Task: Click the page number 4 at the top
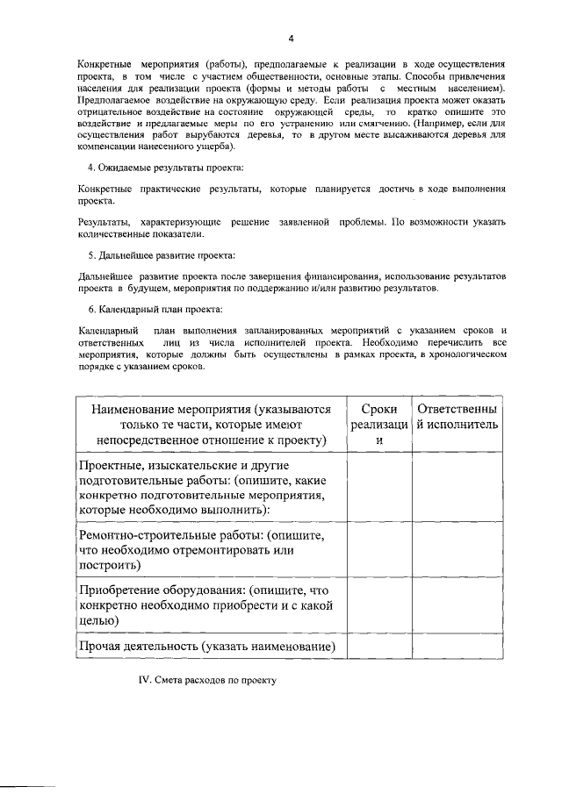pyautogui.click(x=292, y=38)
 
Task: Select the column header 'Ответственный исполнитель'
pyautogui.click(x=457, y=417)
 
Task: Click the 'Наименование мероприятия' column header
pyautogui.click(x=208, y=425)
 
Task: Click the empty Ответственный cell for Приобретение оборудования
pyautogui.click(x=457, y=604)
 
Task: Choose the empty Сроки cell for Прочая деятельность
pyautogui.click(x=379, y=647)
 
